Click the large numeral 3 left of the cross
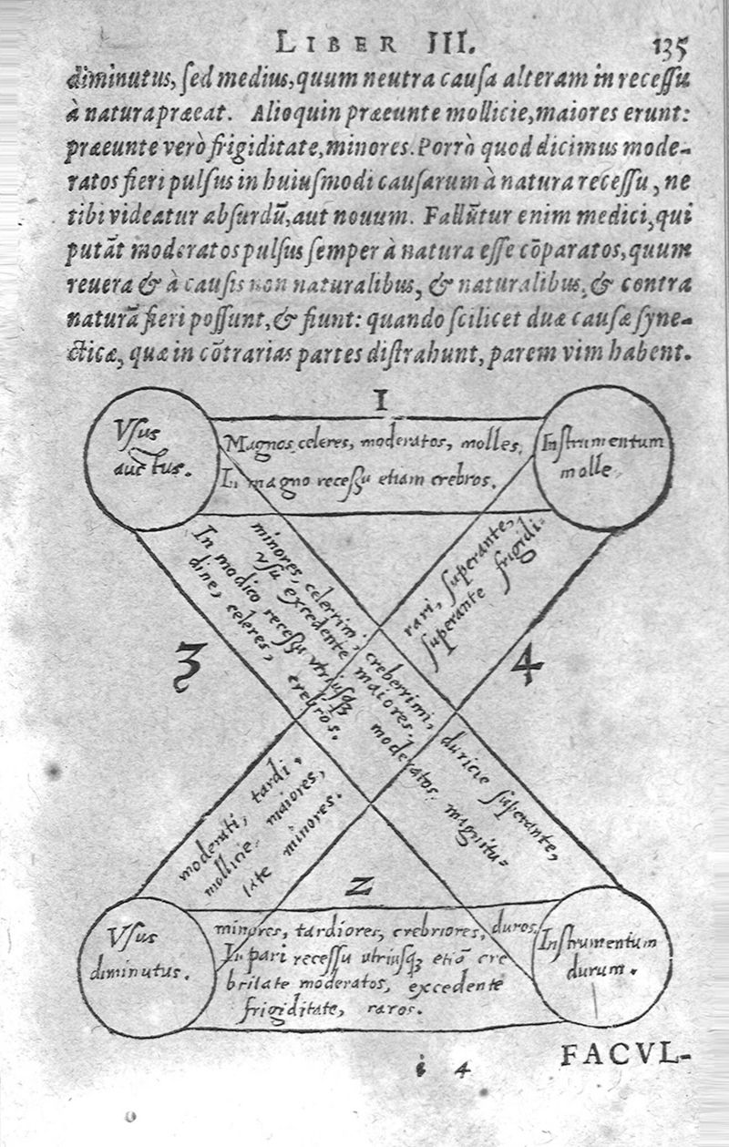point(188,667)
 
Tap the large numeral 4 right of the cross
point(526,667)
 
